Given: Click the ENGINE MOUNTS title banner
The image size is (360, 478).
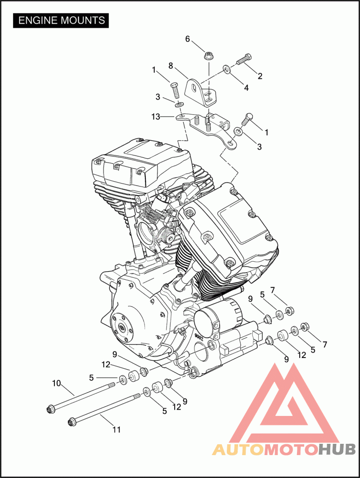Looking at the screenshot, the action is point(61,20).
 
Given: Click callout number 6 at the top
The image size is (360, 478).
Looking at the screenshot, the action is point(188,39).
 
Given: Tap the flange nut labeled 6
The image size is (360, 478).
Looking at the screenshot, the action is point(208,55).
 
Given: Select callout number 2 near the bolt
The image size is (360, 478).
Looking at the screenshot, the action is point(260,76).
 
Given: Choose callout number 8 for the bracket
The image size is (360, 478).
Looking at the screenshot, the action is point(171,66).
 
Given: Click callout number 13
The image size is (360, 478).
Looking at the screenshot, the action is point(156,116).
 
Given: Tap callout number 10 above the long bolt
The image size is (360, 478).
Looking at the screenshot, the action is point(57,383).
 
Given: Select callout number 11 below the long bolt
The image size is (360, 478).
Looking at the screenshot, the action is point(117,429).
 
